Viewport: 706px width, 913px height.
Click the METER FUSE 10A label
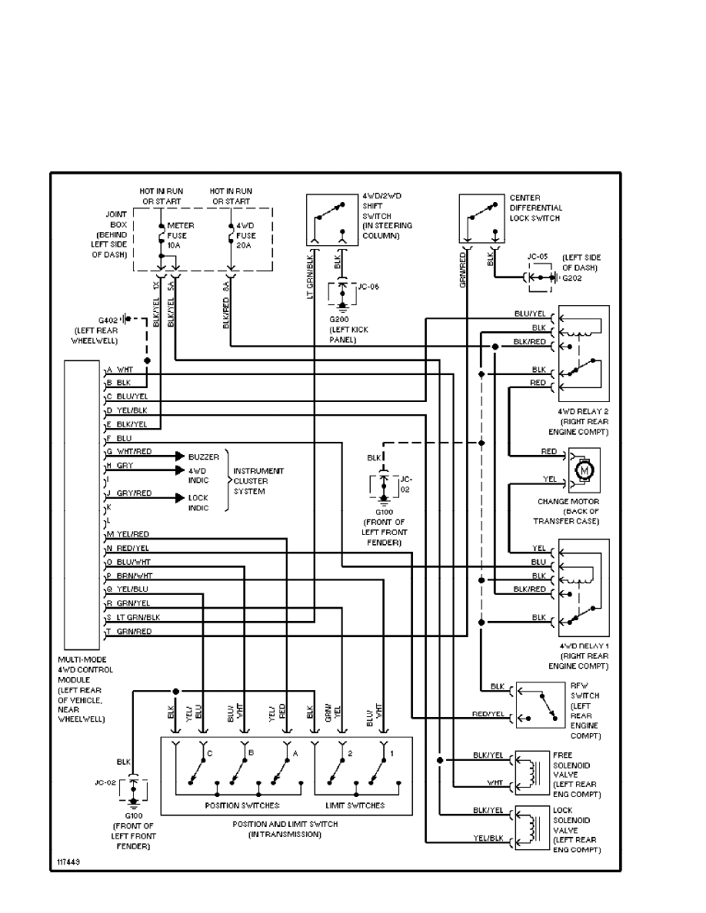coord(181,234)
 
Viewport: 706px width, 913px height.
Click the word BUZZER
coord(203,456)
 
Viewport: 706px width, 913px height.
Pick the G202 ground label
coord(571,277)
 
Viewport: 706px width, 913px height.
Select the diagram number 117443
coord(67,862)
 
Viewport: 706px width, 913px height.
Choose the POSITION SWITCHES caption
coord(241,805)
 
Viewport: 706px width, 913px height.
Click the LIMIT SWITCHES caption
coord(355,805)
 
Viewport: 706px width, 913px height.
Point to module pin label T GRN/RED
coord(129,632)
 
